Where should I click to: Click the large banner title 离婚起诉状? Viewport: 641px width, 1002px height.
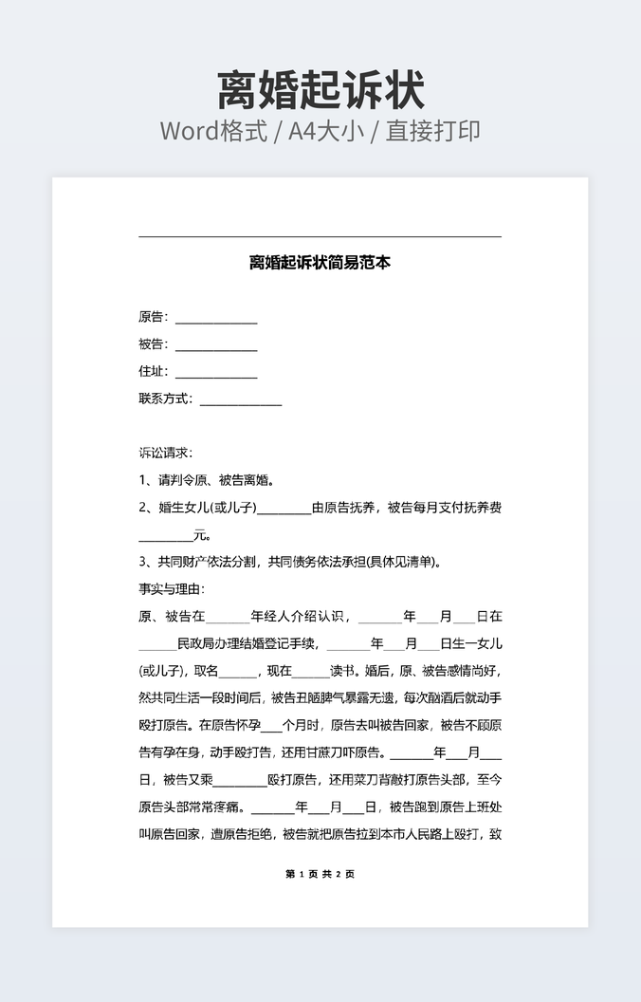[x=320, y=91]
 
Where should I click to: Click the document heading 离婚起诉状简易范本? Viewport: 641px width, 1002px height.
[x=320, y=263]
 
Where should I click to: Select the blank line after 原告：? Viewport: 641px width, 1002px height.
[x=216, y=318]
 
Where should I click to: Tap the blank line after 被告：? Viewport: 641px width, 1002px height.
[x=216, y=344]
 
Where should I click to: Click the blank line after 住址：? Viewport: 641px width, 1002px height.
[x=216, y=372]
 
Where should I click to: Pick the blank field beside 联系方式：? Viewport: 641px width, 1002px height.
[x=241, y=399]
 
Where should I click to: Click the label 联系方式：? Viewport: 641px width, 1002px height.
[x=167, y=399]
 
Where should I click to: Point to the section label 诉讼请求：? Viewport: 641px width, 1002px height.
[x=165, y=454]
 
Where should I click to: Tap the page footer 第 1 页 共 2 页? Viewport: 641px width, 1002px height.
[x=320, y=874]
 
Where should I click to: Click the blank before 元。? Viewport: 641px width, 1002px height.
[x=166, y=536]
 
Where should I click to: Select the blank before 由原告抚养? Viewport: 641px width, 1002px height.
[x=284, y=509]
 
